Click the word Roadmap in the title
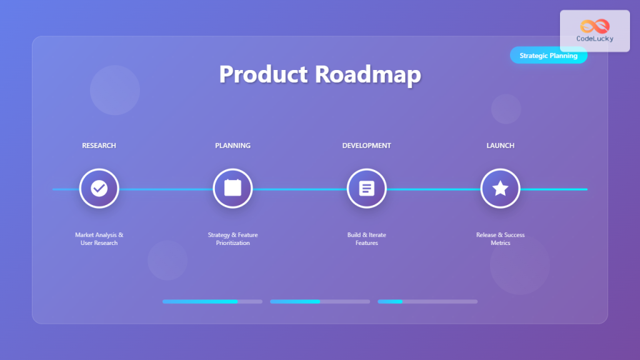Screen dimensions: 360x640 click(x=367, y=74)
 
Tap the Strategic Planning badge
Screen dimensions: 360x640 click(x=548, y=56)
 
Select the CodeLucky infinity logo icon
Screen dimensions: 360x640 click(x=594, y=26)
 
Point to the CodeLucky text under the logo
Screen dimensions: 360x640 click(x=594, y=39)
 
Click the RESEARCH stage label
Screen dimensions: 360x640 click(x=99, y=146)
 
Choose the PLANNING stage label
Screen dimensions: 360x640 click(x=232, y=146)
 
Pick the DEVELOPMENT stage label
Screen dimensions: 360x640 click(x=366, y=146)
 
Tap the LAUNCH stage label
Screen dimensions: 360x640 click(x=500, y=146)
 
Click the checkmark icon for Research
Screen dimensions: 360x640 click(x=99, y=188)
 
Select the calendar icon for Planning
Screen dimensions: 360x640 click(x=232, y=188)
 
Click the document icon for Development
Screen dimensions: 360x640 click(x=366, y=188)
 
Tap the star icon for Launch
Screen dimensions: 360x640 click(x=500, y=188)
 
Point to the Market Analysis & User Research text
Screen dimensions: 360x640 click(x=99, y=239)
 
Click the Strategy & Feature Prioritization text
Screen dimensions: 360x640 click(x=232, y=239)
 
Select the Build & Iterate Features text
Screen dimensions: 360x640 click(x=366, y=239)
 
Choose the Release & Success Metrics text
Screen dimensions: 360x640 click(x=500, y=239)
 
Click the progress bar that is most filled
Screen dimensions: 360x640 click(x=212, y=301)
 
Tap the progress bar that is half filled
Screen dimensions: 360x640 click(x=320, y=301)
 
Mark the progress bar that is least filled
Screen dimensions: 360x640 click(x=427, y=301)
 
